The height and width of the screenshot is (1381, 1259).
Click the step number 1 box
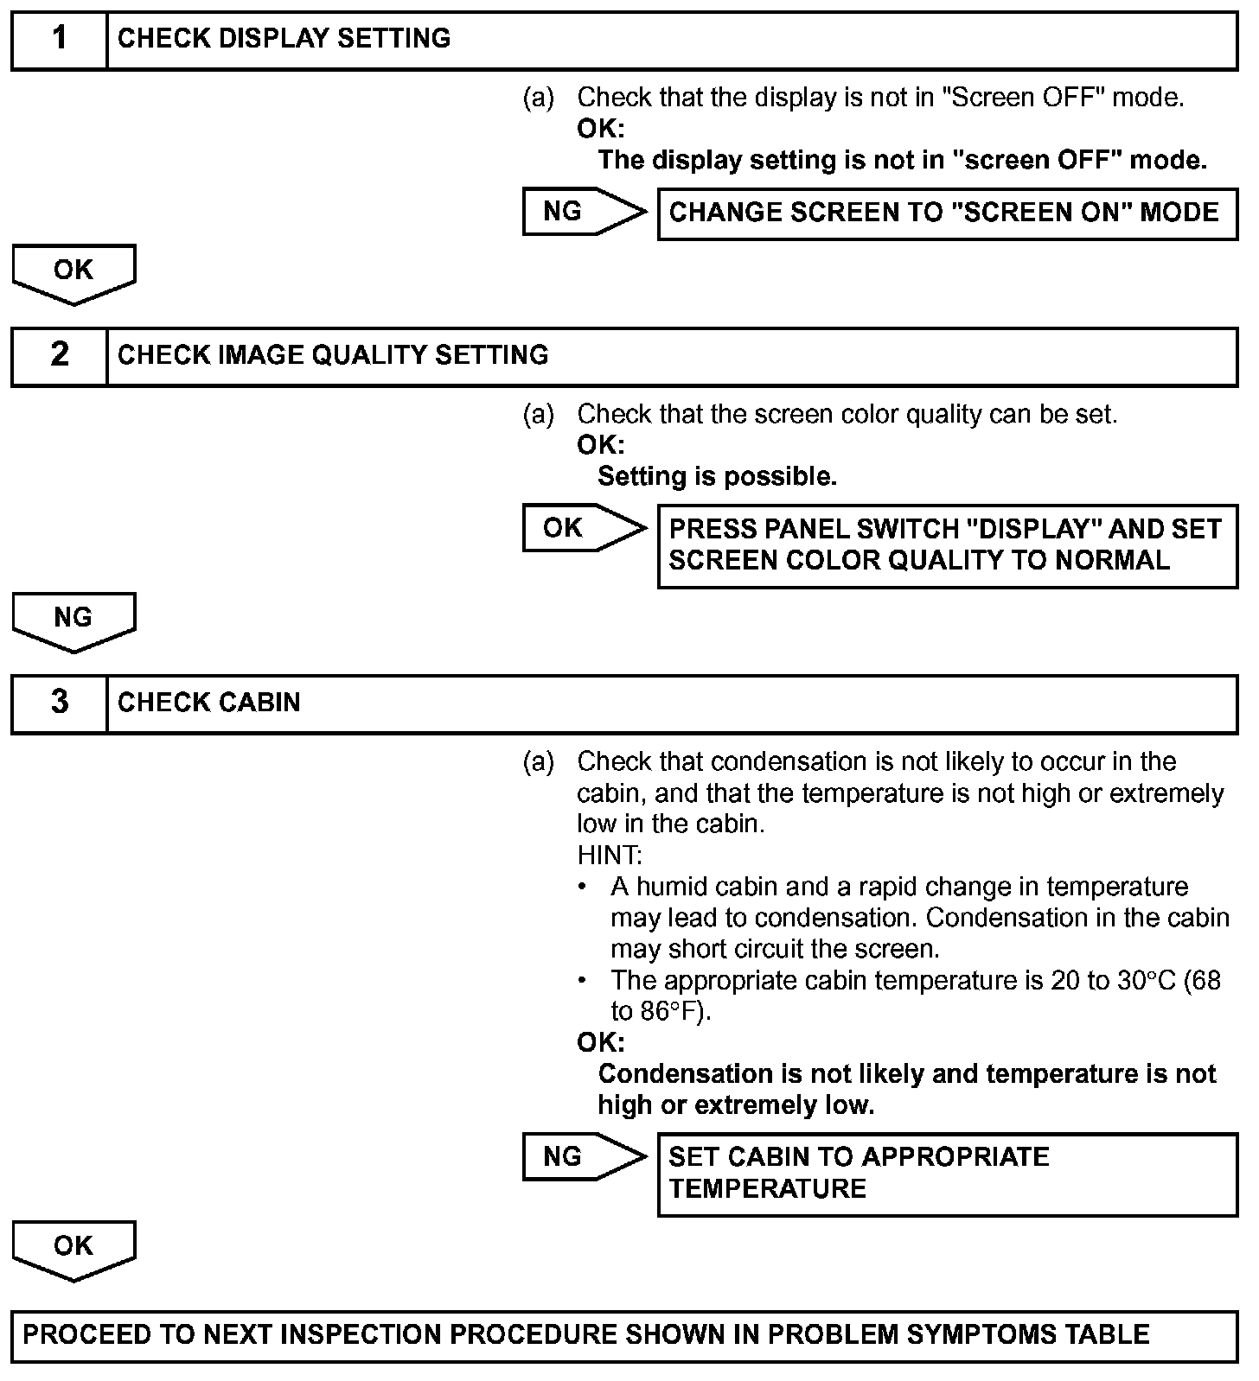[x=59, y=40]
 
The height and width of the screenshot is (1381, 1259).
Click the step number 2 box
[x=59, y=356]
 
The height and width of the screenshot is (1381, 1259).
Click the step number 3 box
[x=59, y=703]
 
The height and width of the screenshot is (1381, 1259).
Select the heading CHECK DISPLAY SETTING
[x=284, y=39]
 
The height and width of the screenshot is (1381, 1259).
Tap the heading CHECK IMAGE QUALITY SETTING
[x=333, y=355]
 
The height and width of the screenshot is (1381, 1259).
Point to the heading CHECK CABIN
[x=209, y=703]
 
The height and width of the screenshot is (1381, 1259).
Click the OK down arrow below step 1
[x=73, y=272]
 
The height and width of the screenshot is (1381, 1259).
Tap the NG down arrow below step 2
[x=73, y=620]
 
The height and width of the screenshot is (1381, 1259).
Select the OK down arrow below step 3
[x=73, y=1248]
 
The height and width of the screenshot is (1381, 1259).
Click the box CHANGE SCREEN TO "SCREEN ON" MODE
[x=947, y=213]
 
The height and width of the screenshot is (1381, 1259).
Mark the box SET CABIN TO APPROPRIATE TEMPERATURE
[x=947, y=1174]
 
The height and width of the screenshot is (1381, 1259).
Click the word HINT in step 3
[x=609, y=856]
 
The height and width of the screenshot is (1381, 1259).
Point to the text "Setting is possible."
[x=717, y=476]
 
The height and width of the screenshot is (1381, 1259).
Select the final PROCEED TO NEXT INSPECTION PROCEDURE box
[x=623, y=1335]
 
